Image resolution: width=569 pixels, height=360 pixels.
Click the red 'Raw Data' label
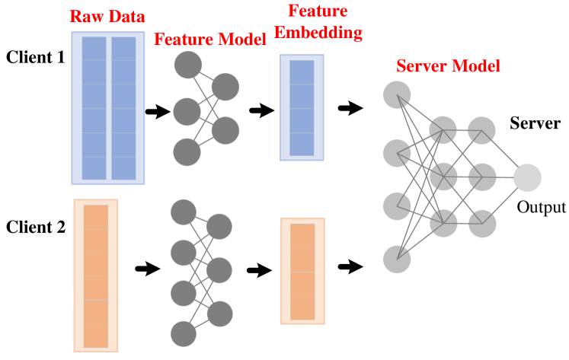[107, 17]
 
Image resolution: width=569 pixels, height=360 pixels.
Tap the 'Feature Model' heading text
[210, 39]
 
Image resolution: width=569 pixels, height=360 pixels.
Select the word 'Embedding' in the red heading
[318, 33]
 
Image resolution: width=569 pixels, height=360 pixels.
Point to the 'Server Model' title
[448, 66]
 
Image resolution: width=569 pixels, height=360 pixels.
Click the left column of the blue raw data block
[94, 107]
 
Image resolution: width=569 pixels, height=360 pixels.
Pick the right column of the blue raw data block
[123, 107]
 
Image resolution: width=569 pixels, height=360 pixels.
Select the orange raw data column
[96, 276]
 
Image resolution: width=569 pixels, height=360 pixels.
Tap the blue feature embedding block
[302, 107]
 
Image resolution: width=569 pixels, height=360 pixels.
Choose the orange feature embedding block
[302, 270]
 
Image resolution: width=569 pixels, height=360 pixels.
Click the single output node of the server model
[527, 178]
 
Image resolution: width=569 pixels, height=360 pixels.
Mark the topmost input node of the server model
[397, 95]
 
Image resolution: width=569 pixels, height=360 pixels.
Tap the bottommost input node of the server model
[397, 260]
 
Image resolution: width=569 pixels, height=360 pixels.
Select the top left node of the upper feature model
[187, 65]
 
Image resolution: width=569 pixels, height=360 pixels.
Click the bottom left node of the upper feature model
[187, 152]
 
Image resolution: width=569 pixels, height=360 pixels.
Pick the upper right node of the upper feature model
[225, 87]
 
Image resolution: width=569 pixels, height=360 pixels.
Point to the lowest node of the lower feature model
[184, 333]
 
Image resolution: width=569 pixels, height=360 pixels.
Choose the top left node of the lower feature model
[184, 212]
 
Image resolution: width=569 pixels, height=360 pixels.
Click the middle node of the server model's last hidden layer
[482, 177]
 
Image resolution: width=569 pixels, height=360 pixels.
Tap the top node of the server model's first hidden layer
[443, 130]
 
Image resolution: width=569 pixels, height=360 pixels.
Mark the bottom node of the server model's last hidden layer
[482, 224]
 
